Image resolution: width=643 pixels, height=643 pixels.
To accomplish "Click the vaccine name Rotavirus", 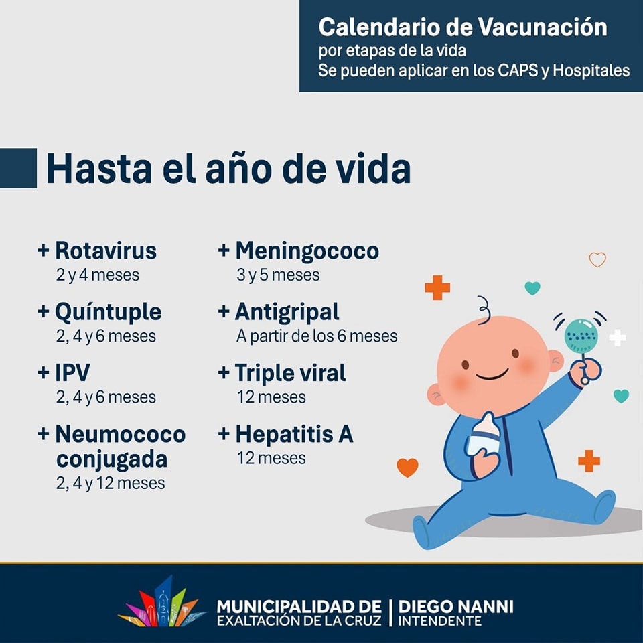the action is coord(106,251).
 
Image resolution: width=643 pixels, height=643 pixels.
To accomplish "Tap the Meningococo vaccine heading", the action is coord(307,251).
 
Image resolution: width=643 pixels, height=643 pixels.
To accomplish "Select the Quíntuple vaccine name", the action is coord(109,313).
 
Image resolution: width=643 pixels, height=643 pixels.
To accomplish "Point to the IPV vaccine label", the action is coord(72,373).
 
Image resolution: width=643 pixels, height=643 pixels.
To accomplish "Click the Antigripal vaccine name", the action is coord(287,313).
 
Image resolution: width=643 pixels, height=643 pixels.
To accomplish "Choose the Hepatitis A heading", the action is coord(294,434).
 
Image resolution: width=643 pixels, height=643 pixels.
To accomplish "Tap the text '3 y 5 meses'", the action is coord(278,275).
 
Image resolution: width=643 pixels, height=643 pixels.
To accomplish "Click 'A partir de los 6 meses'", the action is coord(317,336).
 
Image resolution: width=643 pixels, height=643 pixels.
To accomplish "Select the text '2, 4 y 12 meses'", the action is coord(111,483).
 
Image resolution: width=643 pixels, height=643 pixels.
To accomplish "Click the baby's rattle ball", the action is coord(581,336).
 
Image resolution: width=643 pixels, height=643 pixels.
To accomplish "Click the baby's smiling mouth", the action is coord(492,375).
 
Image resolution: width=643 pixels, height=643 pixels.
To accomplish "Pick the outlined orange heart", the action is coord(597,259).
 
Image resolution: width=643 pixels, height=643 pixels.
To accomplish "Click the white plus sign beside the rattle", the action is coord(617,338).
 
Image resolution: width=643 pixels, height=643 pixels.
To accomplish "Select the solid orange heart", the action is coord(407,468).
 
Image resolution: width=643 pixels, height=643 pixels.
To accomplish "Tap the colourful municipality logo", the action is coord(162,603).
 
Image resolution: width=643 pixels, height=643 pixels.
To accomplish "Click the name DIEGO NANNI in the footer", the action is coord(455,607).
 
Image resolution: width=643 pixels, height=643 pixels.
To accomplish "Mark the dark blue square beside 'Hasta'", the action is coord(19,168).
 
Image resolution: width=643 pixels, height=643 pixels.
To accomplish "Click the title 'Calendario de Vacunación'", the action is coord(463,27).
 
